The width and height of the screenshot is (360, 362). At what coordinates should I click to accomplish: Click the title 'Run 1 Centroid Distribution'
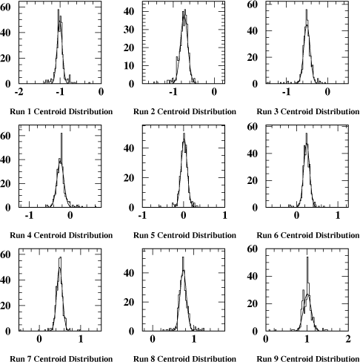click(61, 111)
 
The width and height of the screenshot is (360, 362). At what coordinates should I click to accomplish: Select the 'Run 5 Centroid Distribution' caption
click(184, 235)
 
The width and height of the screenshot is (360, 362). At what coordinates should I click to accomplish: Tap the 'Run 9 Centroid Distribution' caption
click(308, 358)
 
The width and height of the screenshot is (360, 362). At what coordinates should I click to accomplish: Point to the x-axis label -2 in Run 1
click(19, 92)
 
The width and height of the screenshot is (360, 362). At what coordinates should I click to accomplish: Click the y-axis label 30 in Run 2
click(129, 30)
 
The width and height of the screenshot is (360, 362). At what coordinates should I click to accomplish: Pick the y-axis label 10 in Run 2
click(129, 66)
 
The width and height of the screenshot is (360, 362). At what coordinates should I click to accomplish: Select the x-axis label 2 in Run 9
click(348, 339)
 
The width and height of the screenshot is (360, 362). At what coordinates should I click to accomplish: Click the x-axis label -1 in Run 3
click(286, 92)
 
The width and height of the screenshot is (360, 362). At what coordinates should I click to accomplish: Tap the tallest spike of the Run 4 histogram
click(61, 134)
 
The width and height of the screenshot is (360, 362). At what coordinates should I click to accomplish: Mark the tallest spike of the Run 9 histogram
click(307, 257)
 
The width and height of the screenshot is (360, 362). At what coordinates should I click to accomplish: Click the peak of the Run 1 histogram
click(59, 10)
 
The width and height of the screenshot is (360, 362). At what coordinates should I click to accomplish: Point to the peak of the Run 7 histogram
click(60, 257)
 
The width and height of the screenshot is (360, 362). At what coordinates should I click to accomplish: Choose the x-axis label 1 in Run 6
click(338, 215)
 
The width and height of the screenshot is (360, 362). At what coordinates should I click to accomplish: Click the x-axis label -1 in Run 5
click(142, 215)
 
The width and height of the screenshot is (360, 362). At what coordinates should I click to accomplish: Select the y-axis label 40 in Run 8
click(129, 273)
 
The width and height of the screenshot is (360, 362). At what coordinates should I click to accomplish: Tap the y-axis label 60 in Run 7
click(5, 254)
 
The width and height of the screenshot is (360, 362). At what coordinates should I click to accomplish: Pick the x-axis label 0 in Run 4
click(70, 215)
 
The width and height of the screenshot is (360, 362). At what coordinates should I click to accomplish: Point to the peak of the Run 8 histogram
click(183, 257)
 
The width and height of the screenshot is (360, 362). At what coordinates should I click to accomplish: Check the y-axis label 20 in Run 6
click(252, 180)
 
